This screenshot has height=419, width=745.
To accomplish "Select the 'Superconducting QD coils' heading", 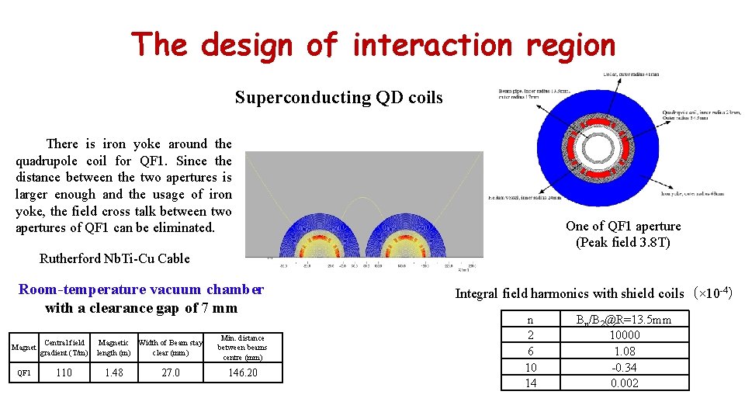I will click(x=338, y=98).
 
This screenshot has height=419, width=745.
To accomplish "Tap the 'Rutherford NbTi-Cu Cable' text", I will click(x=114, y=258).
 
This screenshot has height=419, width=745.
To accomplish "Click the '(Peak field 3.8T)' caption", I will click(x=623, y=243).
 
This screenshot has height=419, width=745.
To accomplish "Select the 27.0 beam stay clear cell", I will click(x=170, y=373).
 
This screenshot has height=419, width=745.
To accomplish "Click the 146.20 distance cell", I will click(x=242, y=373).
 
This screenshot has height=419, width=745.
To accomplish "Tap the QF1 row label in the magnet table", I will click(x=24, y=373).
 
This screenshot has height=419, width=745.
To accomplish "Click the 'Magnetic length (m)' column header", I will click(x=113, y=348).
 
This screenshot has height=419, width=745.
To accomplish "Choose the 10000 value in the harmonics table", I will click(x=624, y=335).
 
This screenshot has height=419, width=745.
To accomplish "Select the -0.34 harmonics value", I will click(x=624, y=367).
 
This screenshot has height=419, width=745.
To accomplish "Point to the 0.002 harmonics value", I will click(x=624, y=383).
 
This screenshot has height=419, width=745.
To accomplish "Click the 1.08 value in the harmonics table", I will click(x=624, y=351).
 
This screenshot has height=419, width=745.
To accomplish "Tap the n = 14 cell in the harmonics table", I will click(x=530, y=383).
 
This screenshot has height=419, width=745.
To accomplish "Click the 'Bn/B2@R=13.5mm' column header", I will click(x=624, y=320).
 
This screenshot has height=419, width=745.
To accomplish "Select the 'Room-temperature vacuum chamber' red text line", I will click(x=140, y=289).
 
